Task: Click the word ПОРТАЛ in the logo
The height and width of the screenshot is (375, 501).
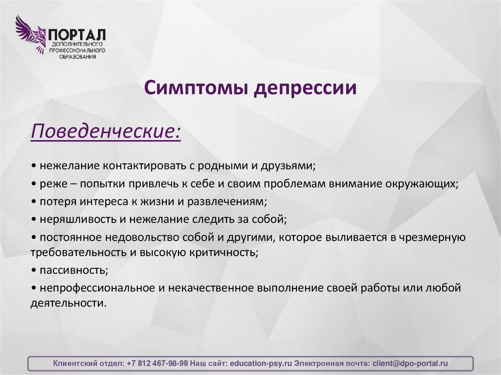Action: (76, 35)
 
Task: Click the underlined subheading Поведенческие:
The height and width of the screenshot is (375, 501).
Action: (105, 132)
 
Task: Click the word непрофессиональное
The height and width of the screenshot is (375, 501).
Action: (97, 288)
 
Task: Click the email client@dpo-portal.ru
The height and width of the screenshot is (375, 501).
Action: (410, 364)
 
